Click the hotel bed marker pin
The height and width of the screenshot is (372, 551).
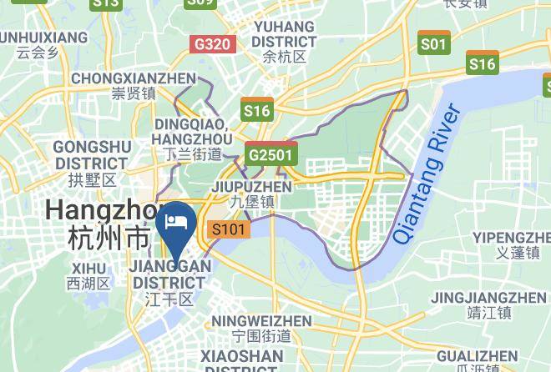(177, 222)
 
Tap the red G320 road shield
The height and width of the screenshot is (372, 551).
(211, 43)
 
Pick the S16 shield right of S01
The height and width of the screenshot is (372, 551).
(483, 63)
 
